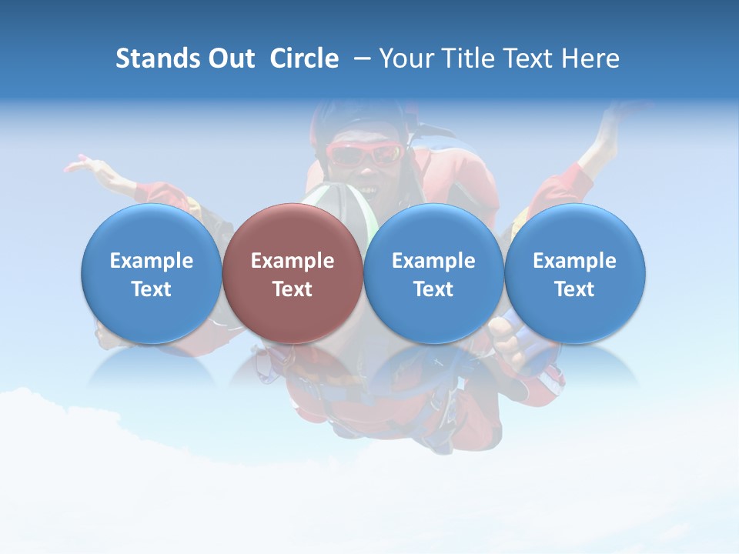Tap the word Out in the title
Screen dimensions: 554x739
pos(230,58)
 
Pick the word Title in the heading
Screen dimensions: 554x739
pos(468,58)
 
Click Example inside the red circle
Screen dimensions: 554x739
pos(293,261)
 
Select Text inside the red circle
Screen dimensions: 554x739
pos(293,289)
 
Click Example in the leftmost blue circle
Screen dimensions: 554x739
pos(152,261)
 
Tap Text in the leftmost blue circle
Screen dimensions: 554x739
pos(152,289)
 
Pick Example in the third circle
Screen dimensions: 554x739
pos(433,261)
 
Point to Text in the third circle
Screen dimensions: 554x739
pos(433,289)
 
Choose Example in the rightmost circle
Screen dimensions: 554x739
pos(574,261)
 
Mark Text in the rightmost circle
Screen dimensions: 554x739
pos(574,289)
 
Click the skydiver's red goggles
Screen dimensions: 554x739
pos(364,155)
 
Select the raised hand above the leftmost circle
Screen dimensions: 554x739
pos(81,165)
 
